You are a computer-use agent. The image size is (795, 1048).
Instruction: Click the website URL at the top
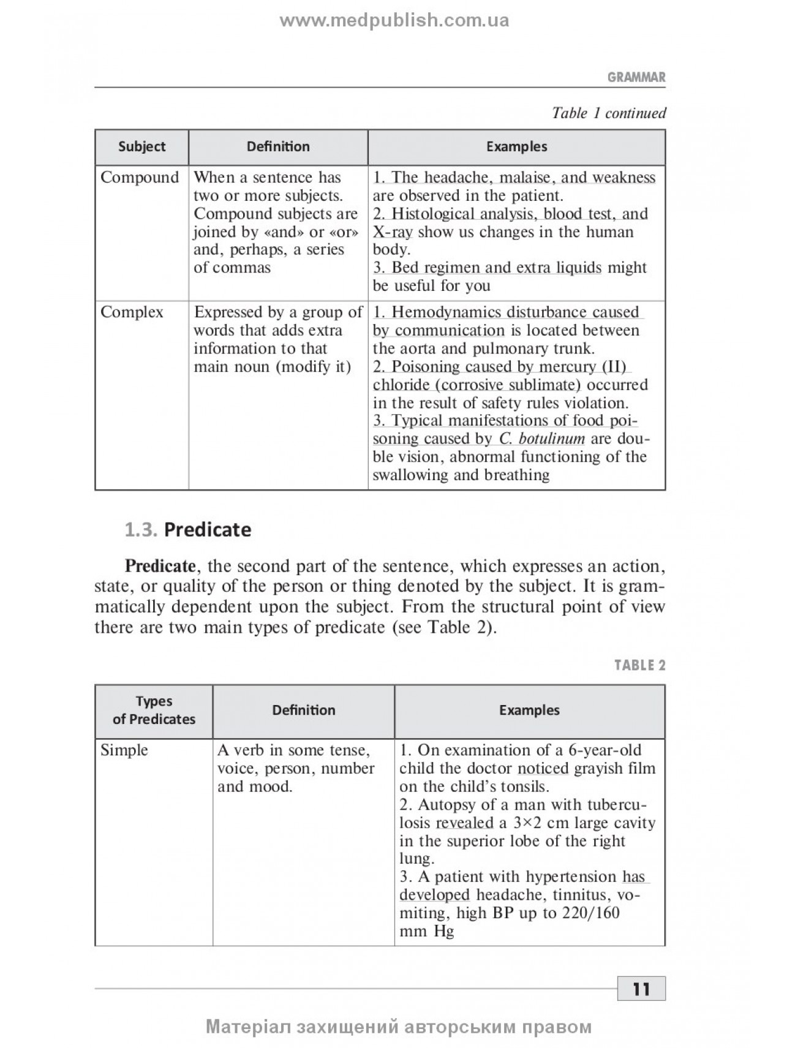pos(394,21)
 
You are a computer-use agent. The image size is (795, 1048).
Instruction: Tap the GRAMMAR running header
pos(636,78)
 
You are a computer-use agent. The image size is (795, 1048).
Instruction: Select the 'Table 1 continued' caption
pos(608,113)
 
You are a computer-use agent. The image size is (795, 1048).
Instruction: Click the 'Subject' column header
pos(141,147)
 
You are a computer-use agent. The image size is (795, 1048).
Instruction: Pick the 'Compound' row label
pos(140,178)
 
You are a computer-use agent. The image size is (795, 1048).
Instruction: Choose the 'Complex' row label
pos(132,312)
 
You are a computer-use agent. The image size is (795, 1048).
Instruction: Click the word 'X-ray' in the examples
pos(393,232)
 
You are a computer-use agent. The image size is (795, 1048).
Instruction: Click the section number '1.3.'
pos(141,530)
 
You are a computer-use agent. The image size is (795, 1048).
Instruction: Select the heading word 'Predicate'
pos(208,530)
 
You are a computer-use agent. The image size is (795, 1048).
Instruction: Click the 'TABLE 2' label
pos(639,665)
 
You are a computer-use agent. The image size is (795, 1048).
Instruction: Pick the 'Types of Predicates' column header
pos(154,711)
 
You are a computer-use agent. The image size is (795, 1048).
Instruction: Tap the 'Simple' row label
pos(124,750)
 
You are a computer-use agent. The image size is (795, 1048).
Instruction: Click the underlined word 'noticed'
pos(543,769)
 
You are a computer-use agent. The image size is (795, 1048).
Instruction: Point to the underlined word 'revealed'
pos(464,823)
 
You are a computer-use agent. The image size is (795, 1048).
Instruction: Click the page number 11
pos(641,989)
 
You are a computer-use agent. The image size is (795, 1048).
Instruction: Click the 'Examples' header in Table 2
pos(529,711)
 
